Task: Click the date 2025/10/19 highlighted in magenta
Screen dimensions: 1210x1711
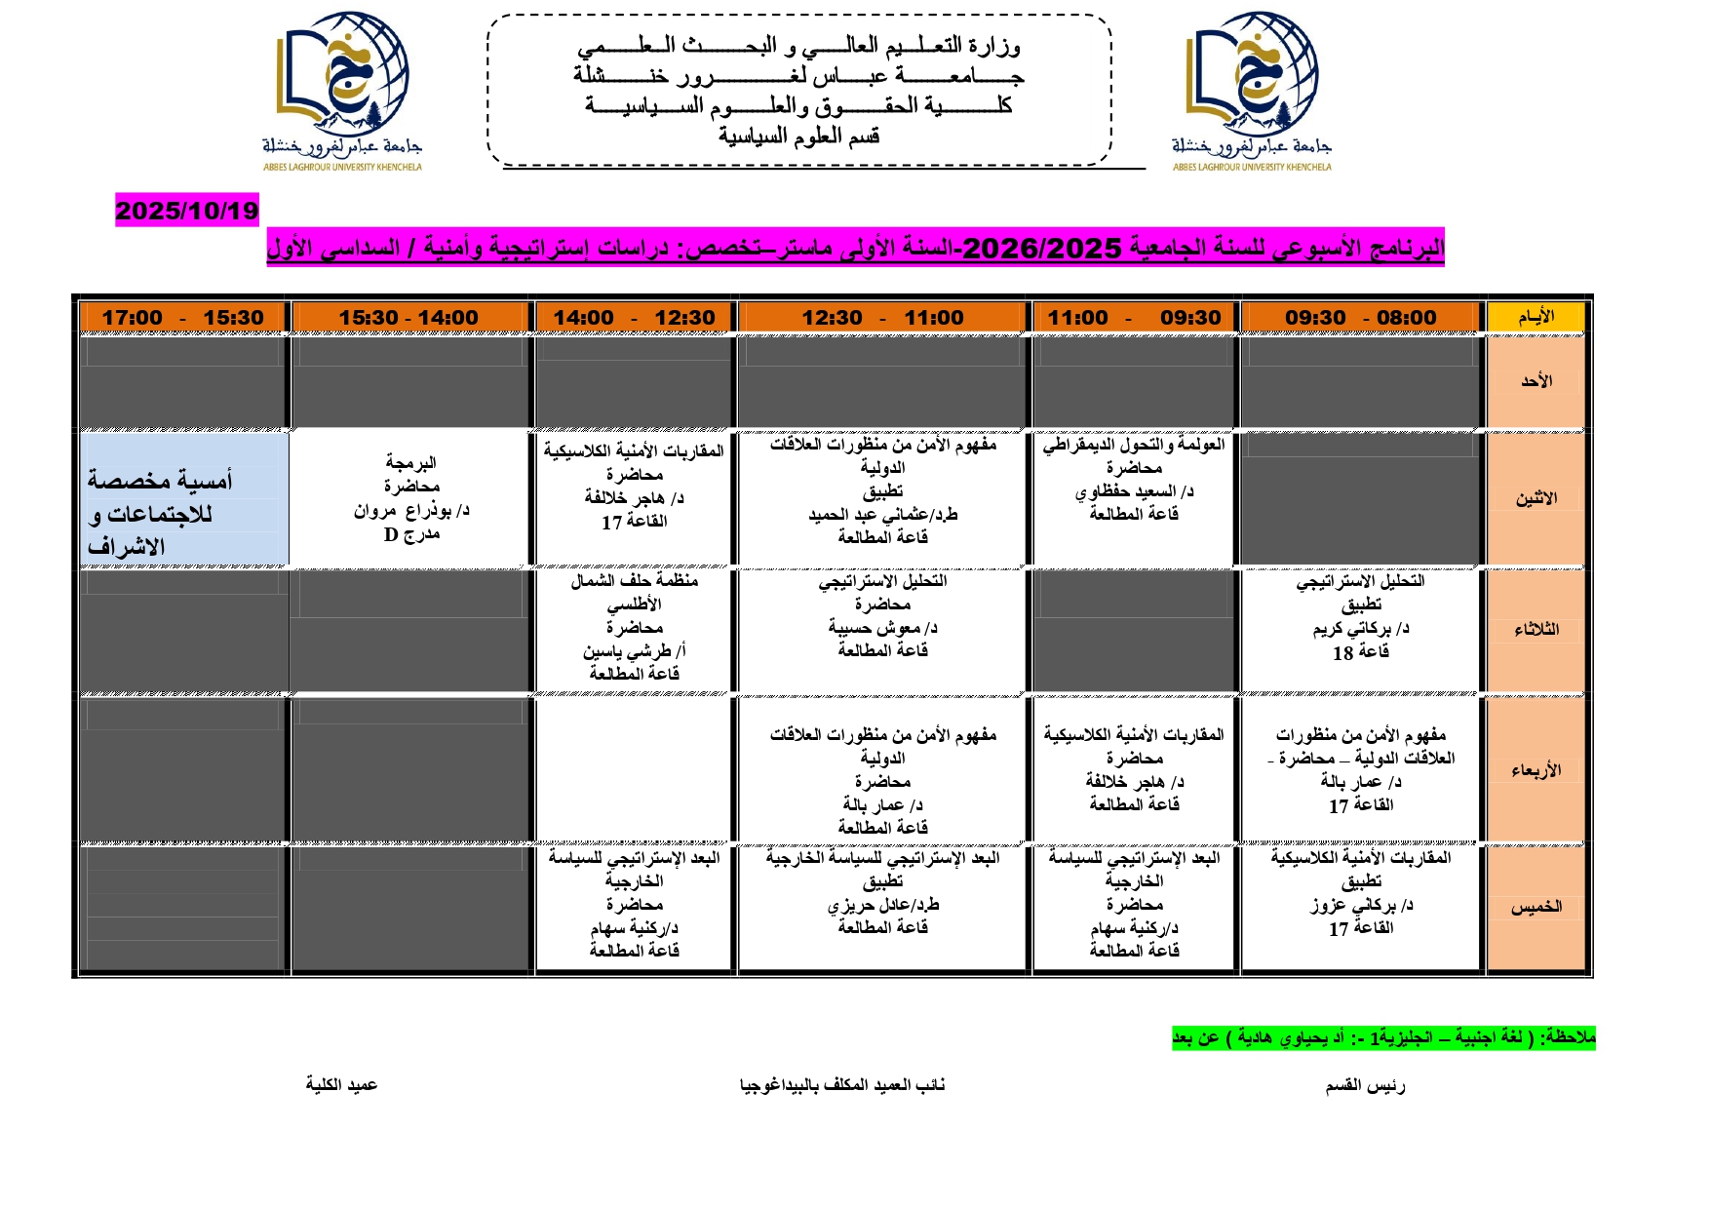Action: click(x=187, y=211)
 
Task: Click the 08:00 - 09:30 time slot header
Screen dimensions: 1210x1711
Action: click(x=1360, y=318)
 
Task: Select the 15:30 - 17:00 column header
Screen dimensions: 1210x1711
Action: click(x=183, y=318)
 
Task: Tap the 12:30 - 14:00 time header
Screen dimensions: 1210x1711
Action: click(x=634, y=318)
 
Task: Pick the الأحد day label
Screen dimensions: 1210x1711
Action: click(x=1536, y=381)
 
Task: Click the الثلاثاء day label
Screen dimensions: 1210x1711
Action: click(x=1536, y=630)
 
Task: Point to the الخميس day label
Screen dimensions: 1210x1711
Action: click(x=1536, y=907)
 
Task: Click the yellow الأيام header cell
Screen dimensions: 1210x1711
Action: click(x=1536, y=317)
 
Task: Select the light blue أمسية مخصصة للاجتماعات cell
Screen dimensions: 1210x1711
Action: click(x=184, y=499)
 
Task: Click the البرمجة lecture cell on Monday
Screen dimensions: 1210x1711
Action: click(x=411, y=498)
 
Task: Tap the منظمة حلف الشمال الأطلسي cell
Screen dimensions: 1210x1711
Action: click(x=634, y=627)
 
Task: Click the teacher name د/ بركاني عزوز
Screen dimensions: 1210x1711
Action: click(x=1361, y=906)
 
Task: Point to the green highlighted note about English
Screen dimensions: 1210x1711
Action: click(x=1383, y=1038)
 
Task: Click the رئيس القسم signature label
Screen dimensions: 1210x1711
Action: click(x=1365, y=1086)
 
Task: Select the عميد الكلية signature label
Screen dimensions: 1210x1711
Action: click(x=341, y=1085)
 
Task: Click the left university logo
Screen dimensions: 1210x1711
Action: click(x=342, y=91)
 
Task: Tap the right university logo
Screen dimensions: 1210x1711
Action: click(x=1252, y=91)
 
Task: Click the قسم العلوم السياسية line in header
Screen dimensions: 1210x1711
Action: click(x=799, y=137)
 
